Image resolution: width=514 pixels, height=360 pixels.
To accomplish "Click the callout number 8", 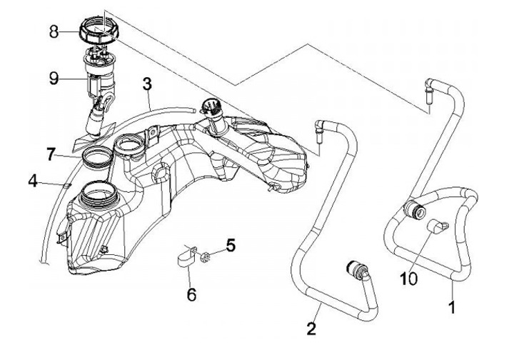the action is click(x=54, y=32).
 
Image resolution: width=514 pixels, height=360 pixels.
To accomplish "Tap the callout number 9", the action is click(x=54, y=79).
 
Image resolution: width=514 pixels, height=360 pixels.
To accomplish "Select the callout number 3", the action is click(x=147, y=84).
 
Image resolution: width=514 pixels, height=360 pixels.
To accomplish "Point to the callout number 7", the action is click(x=50, y=154).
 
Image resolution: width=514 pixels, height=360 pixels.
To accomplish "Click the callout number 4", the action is click(x=33, y=181).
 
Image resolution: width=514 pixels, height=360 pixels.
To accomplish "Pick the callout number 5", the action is click(x=231, y=245).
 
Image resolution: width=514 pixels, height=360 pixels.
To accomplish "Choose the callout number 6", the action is click(x=191, y=294).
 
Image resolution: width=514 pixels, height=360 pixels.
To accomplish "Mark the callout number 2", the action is click(x=311, y=329).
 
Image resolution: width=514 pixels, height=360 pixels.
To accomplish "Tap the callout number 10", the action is click(x=408, y=279).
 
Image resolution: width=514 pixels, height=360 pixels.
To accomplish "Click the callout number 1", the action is click(x=452, y=308).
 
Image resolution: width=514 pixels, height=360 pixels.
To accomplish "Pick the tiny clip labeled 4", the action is click(x=66, y=186).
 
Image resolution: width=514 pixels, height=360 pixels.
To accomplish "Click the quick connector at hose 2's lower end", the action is click(x=357, y=268).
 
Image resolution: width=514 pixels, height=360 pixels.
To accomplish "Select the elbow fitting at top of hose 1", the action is click(x=430, y=89).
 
